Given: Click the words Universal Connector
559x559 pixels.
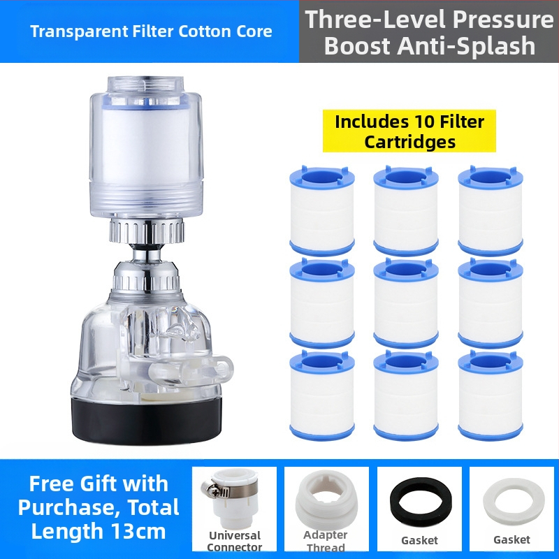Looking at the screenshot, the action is pos(235,541).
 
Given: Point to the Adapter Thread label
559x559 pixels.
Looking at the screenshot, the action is pos(326,541).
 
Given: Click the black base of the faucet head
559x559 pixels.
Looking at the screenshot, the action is pos(147,421).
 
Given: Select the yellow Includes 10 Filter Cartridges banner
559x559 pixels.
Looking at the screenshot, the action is pos(409,131).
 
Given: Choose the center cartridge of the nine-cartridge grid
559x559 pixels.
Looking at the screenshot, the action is pos(406,303).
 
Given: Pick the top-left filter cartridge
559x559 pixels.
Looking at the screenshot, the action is pos(322,211).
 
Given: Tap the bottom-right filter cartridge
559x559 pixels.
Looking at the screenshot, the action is pos(491,395).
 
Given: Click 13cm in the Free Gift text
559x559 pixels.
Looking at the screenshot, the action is pos(138,531).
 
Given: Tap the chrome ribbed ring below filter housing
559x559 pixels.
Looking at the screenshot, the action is pos(147,231).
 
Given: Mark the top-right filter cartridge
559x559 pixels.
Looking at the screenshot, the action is pos(491,211).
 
